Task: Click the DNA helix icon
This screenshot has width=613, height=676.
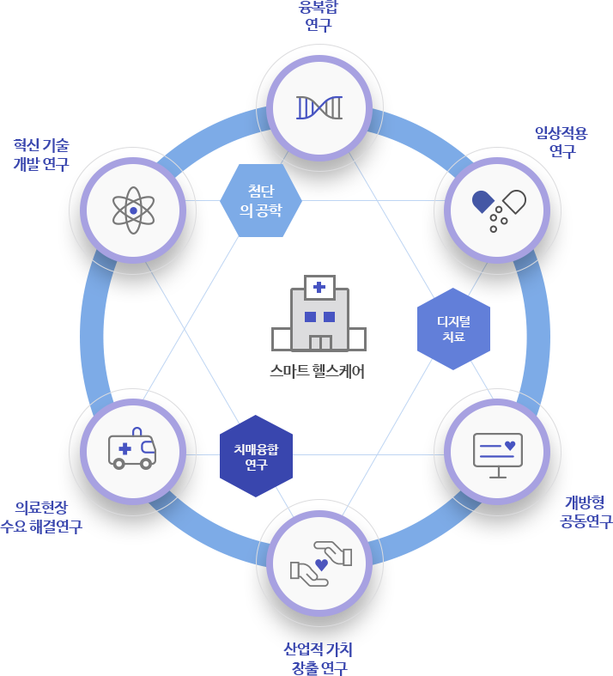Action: point(319,107)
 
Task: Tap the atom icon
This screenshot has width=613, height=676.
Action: point(133,210)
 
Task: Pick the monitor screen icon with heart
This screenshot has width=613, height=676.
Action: point(497,452)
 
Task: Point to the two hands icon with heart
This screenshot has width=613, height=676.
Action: point(321,562)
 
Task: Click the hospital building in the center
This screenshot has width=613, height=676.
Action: point(319,314)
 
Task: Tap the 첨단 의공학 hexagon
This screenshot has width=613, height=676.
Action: point(260,199)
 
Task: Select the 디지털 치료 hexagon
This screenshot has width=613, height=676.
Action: point(453,329)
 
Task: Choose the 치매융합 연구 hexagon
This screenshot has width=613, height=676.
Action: point(256,456)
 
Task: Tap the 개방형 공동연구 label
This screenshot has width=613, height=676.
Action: point(584,510)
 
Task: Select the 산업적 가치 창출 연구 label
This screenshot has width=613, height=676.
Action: point(319,657)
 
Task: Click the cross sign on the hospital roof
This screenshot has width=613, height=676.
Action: point(319,287)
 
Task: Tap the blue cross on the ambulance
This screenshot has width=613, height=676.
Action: point(124,448)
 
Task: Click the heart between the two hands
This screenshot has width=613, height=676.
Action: point(321,564)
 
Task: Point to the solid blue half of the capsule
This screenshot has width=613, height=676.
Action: point(484,202)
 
